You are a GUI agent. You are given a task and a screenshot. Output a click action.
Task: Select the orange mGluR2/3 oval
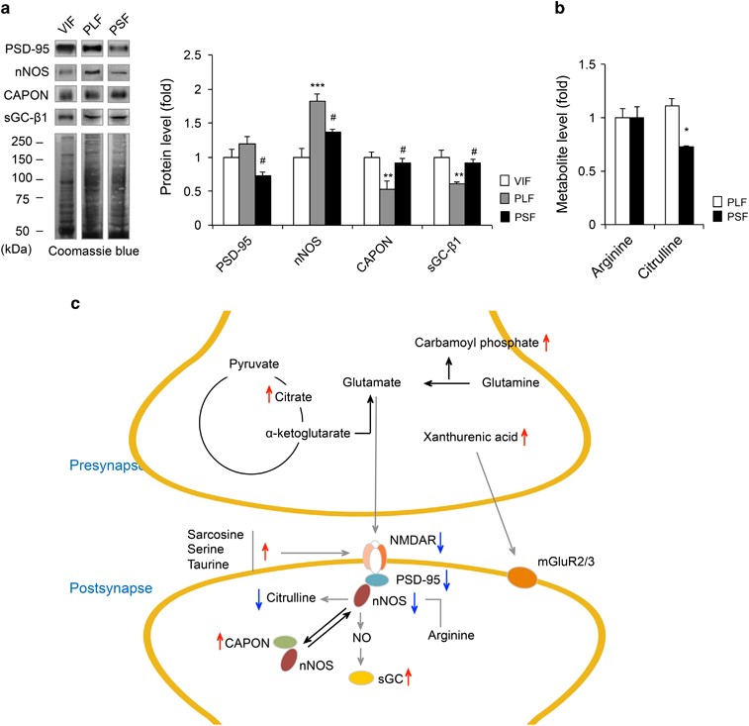coord(528,576)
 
